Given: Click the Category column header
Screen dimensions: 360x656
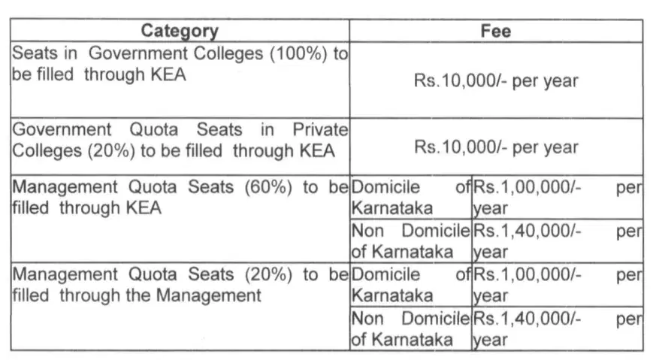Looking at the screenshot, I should point(180,31).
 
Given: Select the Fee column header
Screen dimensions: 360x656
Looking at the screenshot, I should point(495,31).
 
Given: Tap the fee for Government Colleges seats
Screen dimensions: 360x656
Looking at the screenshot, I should point(495,80).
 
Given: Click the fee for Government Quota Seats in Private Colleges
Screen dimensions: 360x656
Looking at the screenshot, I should point(495,147).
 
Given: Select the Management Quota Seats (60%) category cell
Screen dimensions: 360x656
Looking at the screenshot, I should point(180,197).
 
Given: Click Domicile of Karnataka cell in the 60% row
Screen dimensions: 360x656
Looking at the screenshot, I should point(410,197).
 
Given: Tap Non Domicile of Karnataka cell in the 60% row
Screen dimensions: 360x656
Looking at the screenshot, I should point(410,241).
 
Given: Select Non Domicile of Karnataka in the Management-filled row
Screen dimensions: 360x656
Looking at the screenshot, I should point(410,328).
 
